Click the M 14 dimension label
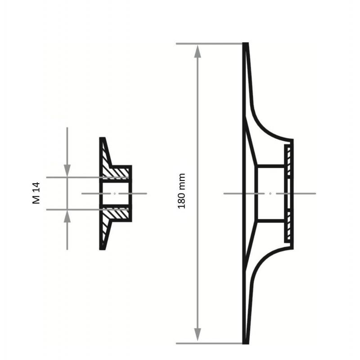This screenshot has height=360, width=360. click(x=36, y=193)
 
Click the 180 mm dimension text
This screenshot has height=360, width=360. click(x=182, y=191)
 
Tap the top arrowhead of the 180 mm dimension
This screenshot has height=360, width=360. click(x=198, y=51)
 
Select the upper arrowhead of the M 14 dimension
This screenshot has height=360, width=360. click(x=67, y=171)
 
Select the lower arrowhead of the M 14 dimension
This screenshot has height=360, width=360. click(x=67, y=216)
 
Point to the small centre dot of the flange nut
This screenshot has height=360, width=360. click(x=115, y=193)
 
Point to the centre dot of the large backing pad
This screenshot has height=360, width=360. click(x=270, y=193)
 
